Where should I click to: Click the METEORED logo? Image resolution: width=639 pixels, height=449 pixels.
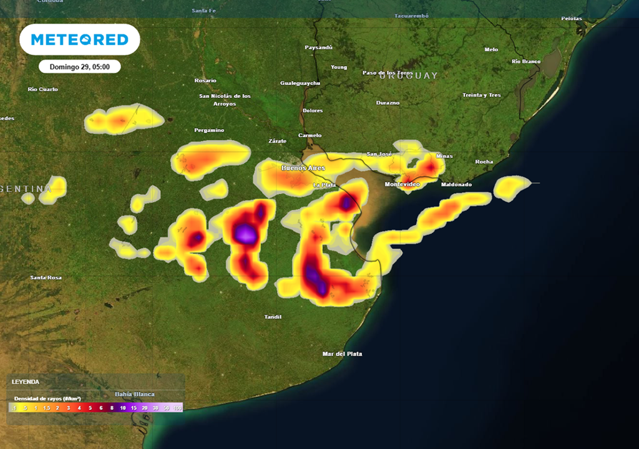click(x=79, y=40)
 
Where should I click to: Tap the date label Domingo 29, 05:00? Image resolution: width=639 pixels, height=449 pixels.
click(x=79, y=66)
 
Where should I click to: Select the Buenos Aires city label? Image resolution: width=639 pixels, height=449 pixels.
click(x=303, y=168)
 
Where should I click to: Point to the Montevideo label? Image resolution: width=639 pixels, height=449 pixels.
click(x=402, y=185)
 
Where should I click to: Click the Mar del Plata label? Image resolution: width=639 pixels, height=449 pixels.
click(x=342, y=354)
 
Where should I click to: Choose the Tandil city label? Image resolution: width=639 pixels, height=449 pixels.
click(x=273, y=317)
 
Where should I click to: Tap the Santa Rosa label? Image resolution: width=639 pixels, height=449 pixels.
click(x=46, y=277)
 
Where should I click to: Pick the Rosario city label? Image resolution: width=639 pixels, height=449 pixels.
click(x=205, y=80)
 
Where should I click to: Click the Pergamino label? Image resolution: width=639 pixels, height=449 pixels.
click(x=209, y=130)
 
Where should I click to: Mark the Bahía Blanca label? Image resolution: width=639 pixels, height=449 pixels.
click(x=134, y=394)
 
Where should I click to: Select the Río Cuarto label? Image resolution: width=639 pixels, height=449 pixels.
click(x=43, y=89)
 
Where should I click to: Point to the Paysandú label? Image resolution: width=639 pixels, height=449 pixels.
click(x=318, y=47)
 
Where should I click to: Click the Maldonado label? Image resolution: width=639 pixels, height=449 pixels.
click(x=456, y=185)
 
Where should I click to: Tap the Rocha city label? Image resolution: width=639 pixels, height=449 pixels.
click(x=484, y=162)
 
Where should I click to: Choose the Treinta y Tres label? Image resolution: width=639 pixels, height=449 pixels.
click(x=481, y=95)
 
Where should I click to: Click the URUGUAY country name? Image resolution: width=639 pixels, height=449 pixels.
click(x=409, y=75)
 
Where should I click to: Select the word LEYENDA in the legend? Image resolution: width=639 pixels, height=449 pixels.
click(x=26, y=382)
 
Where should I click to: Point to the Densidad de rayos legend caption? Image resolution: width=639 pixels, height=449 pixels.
click(x=47, y=398)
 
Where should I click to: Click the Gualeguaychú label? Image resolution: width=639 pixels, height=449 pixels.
click(x=300, y=83)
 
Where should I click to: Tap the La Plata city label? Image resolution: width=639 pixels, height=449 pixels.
click(x=325, y=185)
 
